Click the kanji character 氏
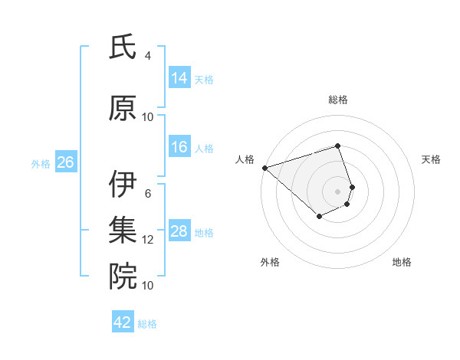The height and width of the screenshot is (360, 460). pos(123,47)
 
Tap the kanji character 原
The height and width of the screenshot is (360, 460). pos(123,108)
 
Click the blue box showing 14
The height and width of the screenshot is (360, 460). pos(179,78)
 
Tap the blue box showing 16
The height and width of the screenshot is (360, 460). pos(179,147)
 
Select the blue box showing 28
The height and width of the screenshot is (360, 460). pos(179,231)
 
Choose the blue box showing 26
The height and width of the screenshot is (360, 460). pos(65,162)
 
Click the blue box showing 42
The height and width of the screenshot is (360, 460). pos(123,322)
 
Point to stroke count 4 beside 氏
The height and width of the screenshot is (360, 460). pos(148,56)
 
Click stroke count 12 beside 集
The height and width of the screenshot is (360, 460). pos(148,240)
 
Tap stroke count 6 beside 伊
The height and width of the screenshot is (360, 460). pos(148,194)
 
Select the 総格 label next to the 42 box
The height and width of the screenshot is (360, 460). pos(148,324)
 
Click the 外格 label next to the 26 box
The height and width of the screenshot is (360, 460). pos(41,163)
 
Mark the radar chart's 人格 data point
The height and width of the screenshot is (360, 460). pos(264,168)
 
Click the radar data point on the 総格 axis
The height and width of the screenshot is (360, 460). pos(337,146)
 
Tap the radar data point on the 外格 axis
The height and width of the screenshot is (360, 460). pos(319,217)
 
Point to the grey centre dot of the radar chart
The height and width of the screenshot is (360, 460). pos(337,191)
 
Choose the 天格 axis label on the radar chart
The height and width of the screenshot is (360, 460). pos(431,159)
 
